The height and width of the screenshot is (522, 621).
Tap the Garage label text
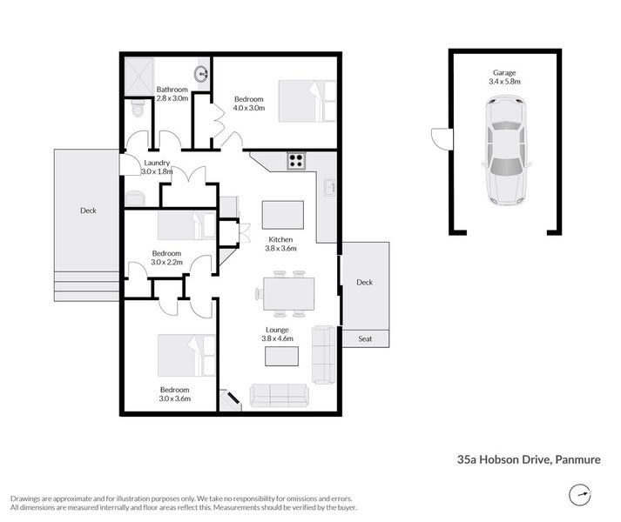[x=504, y=73]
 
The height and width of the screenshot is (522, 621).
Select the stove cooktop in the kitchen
[x=296, y=161]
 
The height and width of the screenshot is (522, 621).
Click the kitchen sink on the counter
[x=329, y=187]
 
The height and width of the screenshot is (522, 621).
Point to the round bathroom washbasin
[x=201, y=74]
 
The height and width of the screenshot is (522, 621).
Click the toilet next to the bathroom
[x=138, y=109]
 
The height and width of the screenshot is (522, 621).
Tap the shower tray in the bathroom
[x=139, y=76]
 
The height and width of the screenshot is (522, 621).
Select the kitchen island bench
[x=283, y=215]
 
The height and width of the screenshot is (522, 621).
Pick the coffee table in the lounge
[x=281, y=356]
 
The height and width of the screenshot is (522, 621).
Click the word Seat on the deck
[x=365, y=338]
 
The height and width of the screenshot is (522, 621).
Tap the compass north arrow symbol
[x=580, y=494]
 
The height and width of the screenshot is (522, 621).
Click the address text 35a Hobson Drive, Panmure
[x=529, y=459]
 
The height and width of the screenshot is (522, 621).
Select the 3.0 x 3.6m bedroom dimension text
[x=175, y=398]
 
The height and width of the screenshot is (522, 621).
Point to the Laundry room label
[x=157, y=163]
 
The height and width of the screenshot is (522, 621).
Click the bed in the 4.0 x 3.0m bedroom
[x=307, y=101]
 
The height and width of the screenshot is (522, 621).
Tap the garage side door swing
[x=442, y=138]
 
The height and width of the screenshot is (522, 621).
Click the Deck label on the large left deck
[x=88, y=211]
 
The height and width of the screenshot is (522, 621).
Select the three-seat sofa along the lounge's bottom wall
[x=280, y=396]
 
